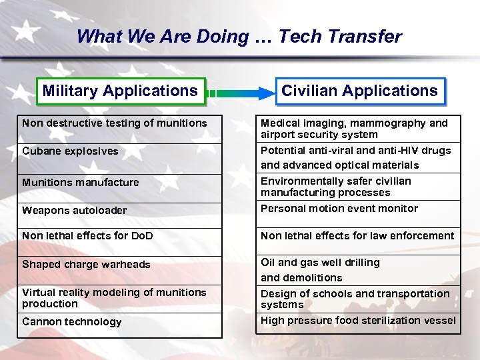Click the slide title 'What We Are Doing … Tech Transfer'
tap(239, 37)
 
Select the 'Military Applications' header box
tap(120, 91)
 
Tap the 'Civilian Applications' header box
tap(359, 91)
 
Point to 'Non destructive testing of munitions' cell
tap(115, 123)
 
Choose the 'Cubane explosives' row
tap(70, 151)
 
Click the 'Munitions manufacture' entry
tap(81, 182)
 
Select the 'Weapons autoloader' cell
tap(74, 211)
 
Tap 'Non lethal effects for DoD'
tap(87, 235)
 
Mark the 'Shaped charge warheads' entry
tap(86, 265)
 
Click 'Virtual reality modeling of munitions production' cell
tap(114, 298)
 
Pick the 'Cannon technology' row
tap(72, 322)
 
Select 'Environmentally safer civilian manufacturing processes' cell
tap(335, 187)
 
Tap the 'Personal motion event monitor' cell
tap(339, 209)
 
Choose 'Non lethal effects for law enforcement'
tap(357, 235)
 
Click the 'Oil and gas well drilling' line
tap(320, 263)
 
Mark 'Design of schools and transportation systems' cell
tap(355, 299)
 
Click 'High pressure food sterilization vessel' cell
tap(358, 321)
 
